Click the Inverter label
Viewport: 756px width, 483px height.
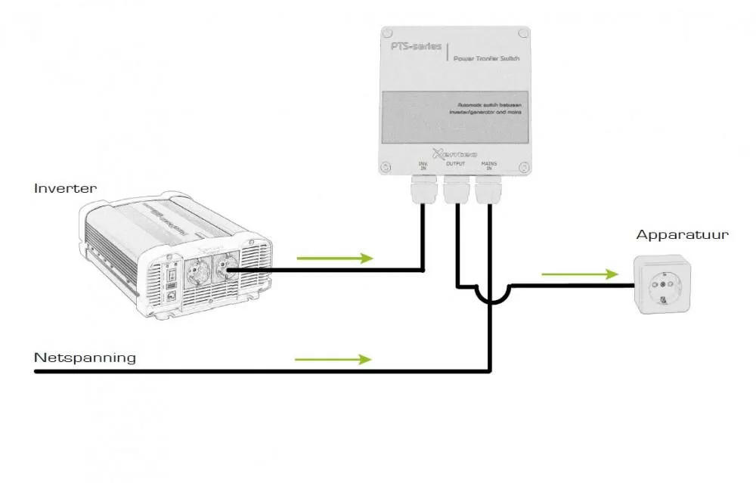pyautogui.click(x=65, y=188)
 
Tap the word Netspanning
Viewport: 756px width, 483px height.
pyautogui.click(x=85, y=357)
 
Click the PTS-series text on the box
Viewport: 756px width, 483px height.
pyautogui.click(x=414, y=46)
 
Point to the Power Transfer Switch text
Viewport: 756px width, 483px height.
pyautogui.click(x=486, y=57)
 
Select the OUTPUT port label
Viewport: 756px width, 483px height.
pyautogui.click(x=456, y=163)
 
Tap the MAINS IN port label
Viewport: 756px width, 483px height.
pyautogui.click(x=488, y=166)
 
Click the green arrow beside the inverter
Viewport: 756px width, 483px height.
pyautogui.click(x=335, y=259)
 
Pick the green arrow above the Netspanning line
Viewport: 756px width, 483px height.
pyautogui.click(x=333, y=359)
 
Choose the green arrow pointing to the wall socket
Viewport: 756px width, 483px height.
pyautogui.click(x=580, y=274)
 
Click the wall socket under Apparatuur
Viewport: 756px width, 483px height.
pyautogui.click(x=663, y=286)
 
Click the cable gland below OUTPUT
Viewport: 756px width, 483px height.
pyautogui.click(x=456, y=190)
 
